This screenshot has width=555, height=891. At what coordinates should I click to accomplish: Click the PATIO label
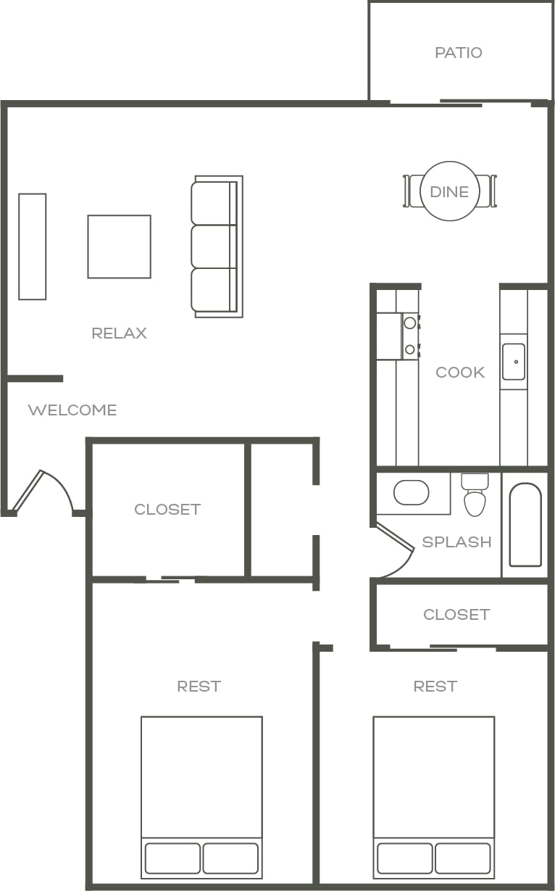coord(458,53)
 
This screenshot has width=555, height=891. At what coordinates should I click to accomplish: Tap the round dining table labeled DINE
coord(449,191)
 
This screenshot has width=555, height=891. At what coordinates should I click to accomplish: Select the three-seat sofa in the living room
coord(216,246)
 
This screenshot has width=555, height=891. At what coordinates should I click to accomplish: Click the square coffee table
coord(120,246)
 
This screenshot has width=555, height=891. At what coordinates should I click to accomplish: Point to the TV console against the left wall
coord(33,246)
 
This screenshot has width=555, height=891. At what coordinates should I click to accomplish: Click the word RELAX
coord(120,333)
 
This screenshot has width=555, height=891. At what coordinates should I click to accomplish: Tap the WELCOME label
coord(72,410)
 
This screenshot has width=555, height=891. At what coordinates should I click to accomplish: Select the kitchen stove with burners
coord(397,336)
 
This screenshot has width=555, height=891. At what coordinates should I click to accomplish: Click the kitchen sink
coord(514,361)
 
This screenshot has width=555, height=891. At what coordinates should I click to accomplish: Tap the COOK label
coord(460,373)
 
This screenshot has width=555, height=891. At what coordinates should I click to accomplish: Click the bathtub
coord(525,525)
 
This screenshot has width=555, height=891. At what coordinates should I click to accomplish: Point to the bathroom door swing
coord(395,551)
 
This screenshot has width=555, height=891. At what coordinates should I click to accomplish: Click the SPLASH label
coord(456,542)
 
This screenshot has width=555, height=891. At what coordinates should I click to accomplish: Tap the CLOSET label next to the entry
coord(167,510)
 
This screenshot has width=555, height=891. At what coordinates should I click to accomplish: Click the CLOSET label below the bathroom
coord(456,615)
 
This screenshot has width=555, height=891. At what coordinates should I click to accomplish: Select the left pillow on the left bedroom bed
coord(172,858)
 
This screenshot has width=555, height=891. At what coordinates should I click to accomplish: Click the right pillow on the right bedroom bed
coord(463,858)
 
